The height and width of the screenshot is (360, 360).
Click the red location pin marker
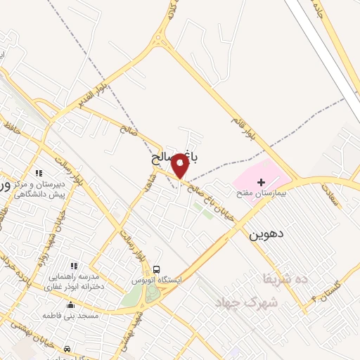[x=180, y=165]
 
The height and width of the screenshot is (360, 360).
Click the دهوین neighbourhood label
[x=264, y=234]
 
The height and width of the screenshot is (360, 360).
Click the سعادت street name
[x=331, y=195]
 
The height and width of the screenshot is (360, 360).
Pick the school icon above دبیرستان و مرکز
[x=39, y=172]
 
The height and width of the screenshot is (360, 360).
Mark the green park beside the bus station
[x=131, y=295]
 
